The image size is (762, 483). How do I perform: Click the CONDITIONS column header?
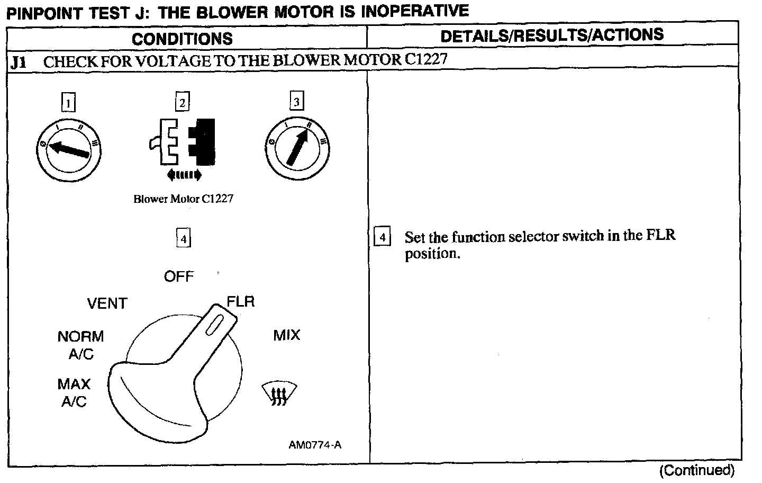pos(182,38)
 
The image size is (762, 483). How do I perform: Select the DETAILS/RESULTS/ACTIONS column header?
pos(552,35)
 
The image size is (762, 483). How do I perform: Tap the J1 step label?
pos(18,62)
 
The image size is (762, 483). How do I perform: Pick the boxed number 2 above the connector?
pos(182,102)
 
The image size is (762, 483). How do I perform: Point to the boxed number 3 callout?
pos(296,101)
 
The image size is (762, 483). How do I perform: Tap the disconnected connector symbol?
pos(183,143)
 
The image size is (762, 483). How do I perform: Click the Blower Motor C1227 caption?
pos(183,199)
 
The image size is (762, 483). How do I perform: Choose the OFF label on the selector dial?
pos(179,276)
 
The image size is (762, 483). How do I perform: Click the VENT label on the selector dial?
pos(107,304)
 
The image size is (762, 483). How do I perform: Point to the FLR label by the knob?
pos(241,302)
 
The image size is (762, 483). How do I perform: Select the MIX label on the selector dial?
pos(287,335)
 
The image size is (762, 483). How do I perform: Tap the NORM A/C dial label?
pos(81,345)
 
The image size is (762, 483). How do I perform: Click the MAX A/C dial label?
pos(74,392)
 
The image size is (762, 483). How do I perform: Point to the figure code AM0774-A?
pos(315,445)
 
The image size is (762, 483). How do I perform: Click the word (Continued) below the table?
pos(696,470)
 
